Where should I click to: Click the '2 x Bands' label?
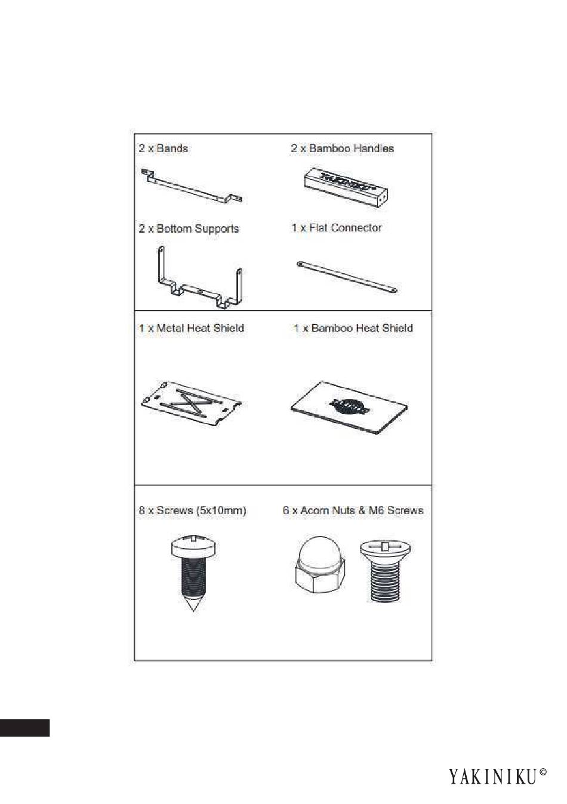tap(164, 149)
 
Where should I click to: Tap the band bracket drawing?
tap(192, 187)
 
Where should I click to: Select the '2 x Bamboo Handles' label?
tap(342, 149)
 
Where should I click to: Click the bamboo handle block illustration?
tap(345, 187)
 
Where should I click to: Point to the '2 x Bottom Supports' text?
tap(189, 228)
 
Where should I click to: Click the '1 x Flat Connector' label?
tap(337, 228)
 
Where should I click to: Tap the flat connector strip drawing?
tap(347, 277)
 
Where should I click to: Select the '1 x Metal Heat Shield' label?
tap(192, 327)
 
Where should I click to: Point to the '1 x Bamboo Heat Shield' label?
tap(353, 327)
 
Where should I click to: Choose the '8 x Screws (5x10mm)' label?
tap(192, 510)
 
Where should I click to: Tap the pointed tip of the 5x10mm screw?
tap(194, 611)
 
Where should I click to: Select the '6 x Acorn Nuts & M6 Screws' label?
tap(353, 510)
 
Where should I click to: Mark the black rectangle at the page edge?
tap(25, 728)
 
